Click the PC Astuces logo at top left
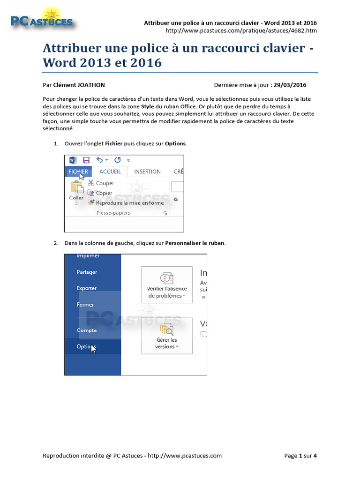tap(42, 20)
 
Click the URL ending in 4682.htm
tap(241, 31)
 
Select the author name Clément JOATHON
tap(79, 85)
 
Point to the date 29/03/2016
tap(290, 85)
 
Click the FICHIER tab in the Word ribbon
tap(78, 172)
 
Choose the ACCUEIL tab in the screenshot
tap(110, 172)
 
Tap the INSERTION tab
tap(147, 172)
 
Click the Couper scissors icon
tap(91, 183)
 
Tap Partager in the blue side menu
tap(87, 272)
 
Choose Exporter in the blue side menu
tap(87, 288)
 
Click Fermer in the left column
tap(85, 305)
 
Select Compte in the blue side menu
tap(87, 330)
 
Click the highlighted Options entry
tap(86, 347)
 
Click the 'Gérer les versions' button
tap(166, 336)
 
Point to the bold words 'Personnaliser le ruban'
tap(195, 243)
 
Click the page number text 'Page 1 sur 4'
tap(301, 456)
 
